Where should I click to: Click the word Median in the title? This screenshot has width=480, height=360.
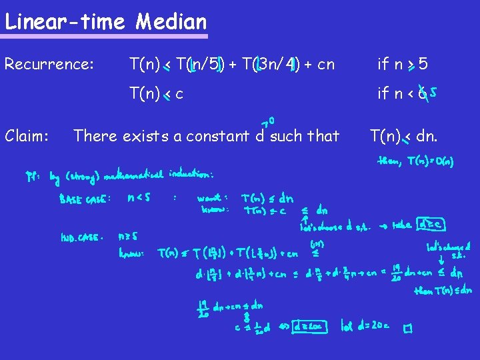pos(171,22)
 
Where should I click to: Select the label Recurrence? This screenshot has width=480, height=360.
pos(49,64)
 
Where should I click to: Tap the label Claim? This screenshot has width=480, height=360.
pos(27,136)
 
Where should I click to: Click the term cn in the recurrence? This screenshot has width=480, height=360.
pos(326,64)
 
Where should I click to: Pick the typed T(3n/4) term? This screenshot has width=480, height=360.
pos(271,64)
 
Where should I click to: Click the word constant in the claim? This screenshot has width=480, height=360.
pos(217,136)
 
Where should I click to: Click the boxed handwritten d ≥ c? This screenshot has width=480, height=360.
pos(432,225)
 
